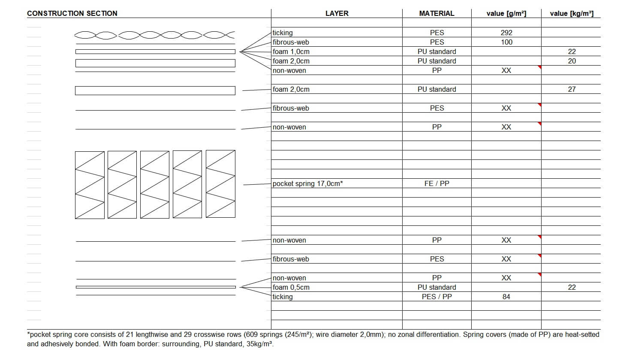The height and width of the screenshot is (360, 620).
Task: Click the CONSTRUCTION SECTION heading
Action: (x=72, y=13)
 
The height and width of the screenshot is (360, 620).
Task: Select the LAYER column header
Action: (x=337, y=13)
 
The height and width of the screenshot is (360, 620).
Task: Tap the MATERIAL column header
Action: (x=436, y=13)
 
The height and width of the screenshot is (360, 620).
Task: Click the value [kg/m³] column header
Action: (x=572, y=13)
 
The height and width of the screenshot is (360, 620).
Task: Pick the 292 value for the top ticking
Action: (x=506, y=33)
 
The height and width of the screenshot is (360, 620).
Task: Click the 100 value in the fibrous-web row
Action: (x=506, y=42)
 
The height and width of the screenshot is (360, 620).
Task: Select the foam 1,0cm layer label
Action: (x=291, y=51)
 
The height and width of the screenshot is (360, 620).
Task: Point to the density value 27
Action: (x=572, y=89)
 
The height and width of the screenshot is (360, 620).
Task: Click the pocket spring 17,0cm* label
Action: (x=308, y=183)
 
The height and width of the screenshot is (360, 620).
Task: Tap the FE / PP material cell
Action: (x=436, y=183)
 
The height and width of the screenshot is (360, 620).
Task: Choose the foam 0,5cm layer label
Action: (x=291, y=287)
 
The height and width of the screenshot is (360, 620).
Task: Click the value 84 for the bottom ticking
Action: (x=506, y=297)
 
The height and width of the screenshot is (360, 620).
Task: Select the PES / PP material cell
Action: (x=436, y=297)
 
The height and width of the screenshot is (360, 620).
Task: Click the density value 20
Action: (x=572, y=61)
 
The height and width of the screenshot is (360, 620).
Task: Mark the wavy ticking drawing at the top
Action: (x=155, y=35)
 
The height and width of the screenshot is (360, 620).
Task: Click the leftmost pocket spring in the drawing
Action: (x=90, y=184)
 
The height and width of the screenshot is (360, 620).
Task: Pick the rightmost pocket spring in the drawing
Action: (x=220, y=184)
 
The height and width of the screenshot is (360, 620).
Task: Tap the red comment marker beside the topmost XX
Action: (x=539, y=67)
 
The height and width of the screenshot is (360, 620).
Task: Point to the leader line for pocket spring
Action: (x=257, y=184)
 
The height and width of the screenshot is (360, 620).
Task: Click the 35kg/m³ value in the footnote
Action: (x=259, y=344)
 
